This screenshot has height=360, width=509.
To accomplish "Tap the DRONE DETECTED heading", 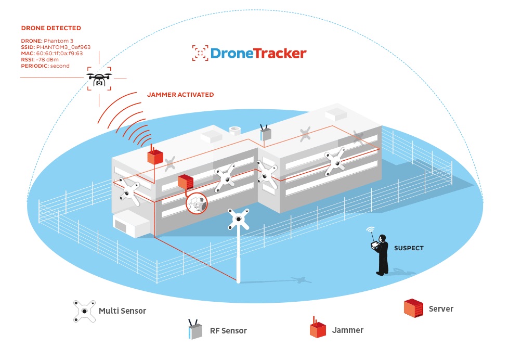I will pyautogui.click(x=51, y=28).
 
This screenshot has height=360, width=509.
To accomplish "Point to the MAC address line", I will pyautogui.click(x=52, y=53).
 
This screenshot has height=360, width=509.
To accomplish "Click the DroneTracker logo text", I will pyautogui.click(x=258, y=53).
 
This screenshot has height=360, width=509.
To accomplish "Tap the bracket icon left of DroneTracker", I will pyautogui.click(x=200, y=53).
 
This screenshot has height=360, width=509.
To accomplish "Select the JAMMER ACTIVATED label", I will pyautogui.click(x=180, y=95).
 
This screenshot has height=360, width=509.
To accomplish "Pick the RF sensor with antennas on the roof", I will pyautogui.click(x=266, y=133).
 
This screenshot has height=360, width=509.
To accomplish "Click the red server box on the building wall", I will pyautogui.click(x=186, y=182).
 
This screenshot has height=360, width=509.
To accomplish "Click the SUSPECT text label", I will pyautogui.click(x=409, y=248).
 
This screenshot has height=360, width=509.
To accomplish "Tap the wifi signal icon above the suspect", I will pyautogui.click(x=371, y=229).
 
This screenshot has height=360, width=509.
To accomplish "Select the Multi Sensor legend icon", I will pyautogui.click(x=84, y=311).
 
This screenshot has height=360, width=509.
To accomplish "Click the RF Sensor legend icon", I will pyautogui.click(x=195, y=330).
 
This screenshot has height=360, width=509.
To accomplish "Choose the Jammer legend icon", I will pyautogui.click(x=317, y=329).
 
